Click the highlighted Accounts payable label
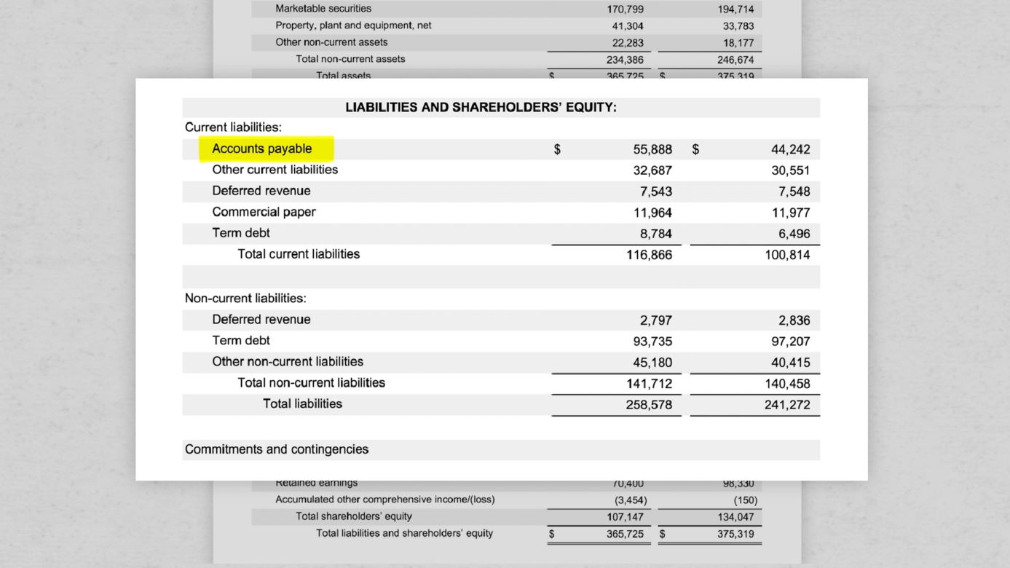pyautogui.click(x=262, y=149)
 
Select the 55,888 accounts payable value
pyautogui.click(x=652, y=149)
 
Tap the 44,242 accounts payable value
pyautogui.click(x=790, y=149)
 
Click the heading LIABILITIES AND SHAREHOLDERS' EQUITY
pyautogui.click(x=481, y=108)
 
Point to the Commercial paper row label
pyautogui.click(x=264, y=212)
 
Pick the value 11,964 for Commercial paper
pyautogui.click(x=652, y=213)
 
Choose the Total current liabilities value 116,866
pyautogui.click(x=649, y=255)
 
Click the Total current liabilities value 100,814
pyautogui.click(x=787, y=255)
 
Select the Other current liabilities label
pyautogui.click(x=275, y=170)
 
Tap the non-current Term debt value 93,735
pyautogui.click(x=652, y=342)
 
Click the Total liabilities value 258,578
pyautogui.click(x=649, y=405)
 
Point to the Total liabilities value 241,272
pyautogui.click(x=787, y=405)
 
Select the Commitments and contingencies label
pyautogui.click(x=277, y=449)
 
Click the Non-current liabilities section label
pyautogui.click(x=245, y=299)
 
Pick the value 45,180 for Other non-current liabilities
pyautogui.click(x=652, y=363)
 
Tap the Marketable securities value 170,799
pyautogui.click(x=625, y=9)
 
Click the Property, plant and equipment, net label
pyautogui.click(x=353, y=25)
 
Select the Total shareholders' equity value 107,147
pyautogui.click(x=625, y=517)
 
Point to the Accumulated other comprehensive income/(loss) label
pyautogui.click(x=384, y=500)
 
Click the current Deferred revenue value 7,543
pyautogui.click(x=656, y=192)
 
